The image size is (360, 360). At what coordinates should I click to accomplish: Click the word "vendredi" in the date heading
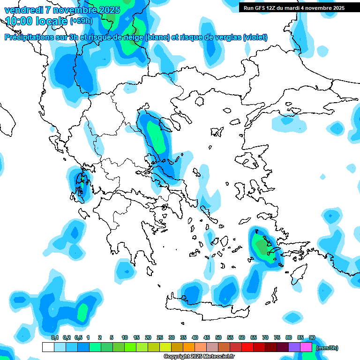(22, 10)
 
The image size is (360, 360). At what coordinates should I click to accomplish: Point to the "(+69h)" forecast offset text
(81, 21)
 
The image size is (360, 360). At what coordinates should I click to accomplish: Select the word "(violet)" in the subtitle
(255, 37)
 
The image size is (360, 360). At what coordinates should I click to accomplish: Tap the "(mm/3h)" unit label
(327, 348)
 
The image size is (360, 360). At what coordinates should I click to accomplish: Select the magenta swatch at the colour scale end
(306, 347)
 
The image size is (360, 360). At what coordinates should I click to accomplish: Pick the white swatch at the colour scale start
(48, 347)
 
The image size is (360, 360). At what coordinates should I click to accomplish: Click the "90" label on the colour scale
(312, 337)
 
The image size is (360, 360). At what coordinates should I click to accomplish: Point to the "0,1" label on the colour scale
(54, 337)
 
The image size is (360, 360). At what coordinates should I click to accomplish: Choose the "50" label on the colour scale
(218, 337)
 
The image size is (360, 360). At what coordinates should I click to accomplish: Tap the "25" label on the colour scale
(160, 337)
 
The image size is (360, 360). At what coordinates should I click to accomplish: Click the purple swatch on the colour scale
(294, 347)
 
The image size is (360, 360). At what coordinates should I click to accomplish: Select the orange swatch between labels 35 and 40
(189, 347)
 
